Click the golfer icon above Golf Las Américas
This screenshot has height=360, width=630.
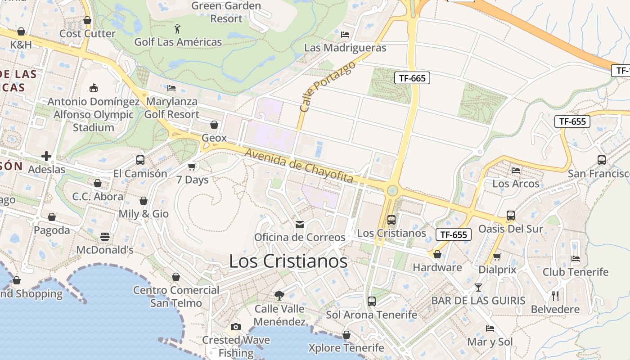point(178,29)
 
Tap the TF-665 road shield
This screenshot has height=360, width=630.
point(412,78)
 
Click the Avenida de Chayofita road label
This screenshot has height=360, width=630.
point(299,166)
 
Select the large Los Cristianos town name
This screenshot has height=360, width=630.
point(288,261)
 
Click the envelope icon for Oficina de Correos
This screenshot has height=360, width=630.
point(300,224)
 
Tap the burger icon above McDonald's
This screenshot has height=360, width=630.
point(105,237)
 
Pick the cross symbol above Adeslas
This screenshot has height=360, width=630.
point(46,157)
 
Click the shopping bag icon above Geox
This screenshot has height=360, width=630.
point(214,125)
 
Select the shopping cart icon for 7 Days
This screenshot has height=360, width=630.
point(192,167)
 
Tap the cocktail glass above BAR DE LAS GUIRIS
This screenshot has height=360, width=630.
point(478,287)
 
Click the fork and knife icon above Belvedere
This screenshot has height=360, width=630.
point(555,296)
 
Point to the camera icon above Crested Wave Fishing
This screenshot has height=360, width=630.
point(235,327)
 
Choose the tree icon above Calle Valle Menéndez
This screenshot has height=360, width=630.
point(279,295)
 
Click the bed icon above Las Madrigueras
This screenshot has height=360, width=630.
point(345,34)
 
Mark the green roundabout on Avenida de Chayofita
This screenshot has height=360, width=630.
point(392,190)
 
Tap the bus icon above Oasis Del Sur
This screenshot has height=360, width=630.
point(510,216)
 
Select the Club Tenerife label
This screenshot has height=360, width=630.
point(575,272)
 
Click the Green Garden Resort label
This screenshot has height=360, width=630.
point(226,12)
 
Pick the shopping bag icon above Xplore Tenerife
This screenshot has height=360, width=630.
point(346,335)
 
